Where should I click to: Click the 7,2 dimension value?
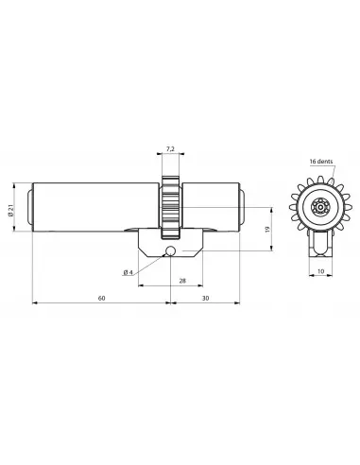click(x=170, y=148)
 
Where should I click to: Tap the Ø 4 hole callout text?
click(x=127, y=271)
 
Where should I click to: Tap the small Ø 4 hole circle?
click(x=168, y=252)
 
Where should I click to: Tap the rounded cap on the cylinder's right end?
click(x=244, y=207)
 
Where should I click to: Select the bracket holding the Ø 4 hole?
click(x=170, y=245)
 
